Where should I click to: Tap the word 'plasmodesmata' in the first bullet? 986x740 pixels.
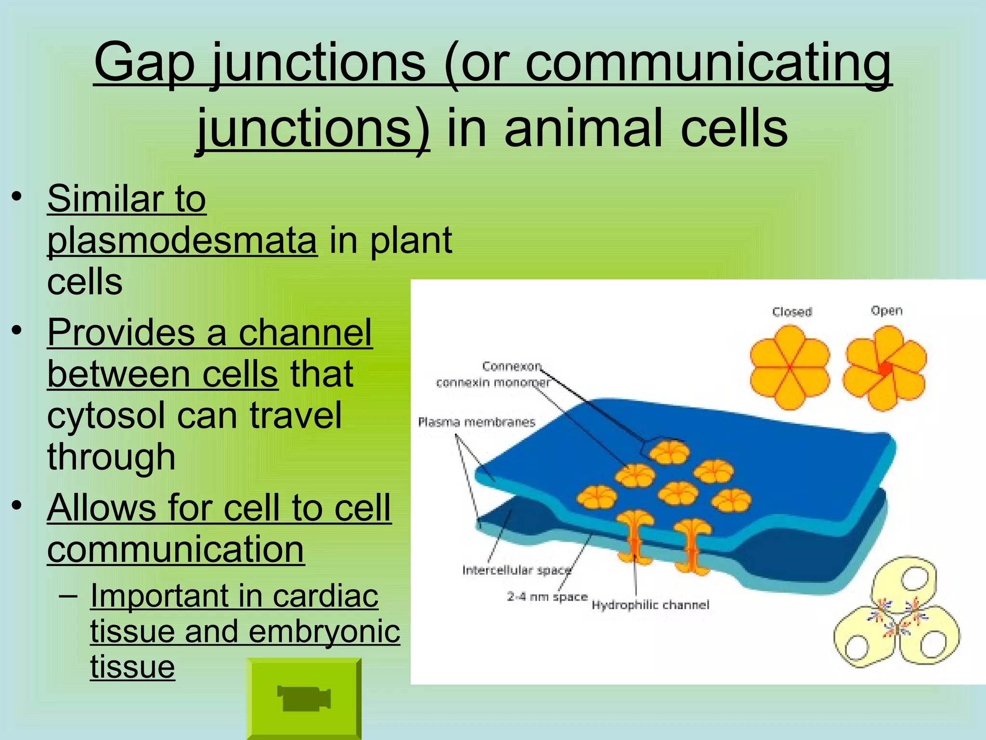coord(182,240)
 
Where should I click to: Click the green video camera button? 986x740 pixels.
coord(304,698)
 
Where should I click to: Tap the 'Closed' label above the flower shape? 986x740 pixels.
coord(792,312)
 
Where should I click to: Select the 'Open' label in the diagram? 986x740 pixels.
coord(886,311)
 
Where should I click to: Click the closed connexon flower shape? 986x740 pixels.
coord(790,368)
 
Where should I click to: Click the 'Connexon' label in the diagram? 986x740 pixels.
coord(511,367)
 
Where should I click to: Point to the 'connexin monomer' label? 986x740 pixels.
coord(493,383)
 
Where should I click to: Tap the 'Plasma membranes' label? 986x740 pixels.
coord(477,423)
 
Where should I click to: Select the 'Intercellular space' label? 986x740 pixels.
coord(516,570)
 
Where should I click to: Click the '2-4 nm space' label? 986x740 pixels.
coord(547,597)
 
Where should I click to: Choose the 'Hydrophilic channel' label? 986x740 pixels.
coord(650,605)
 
